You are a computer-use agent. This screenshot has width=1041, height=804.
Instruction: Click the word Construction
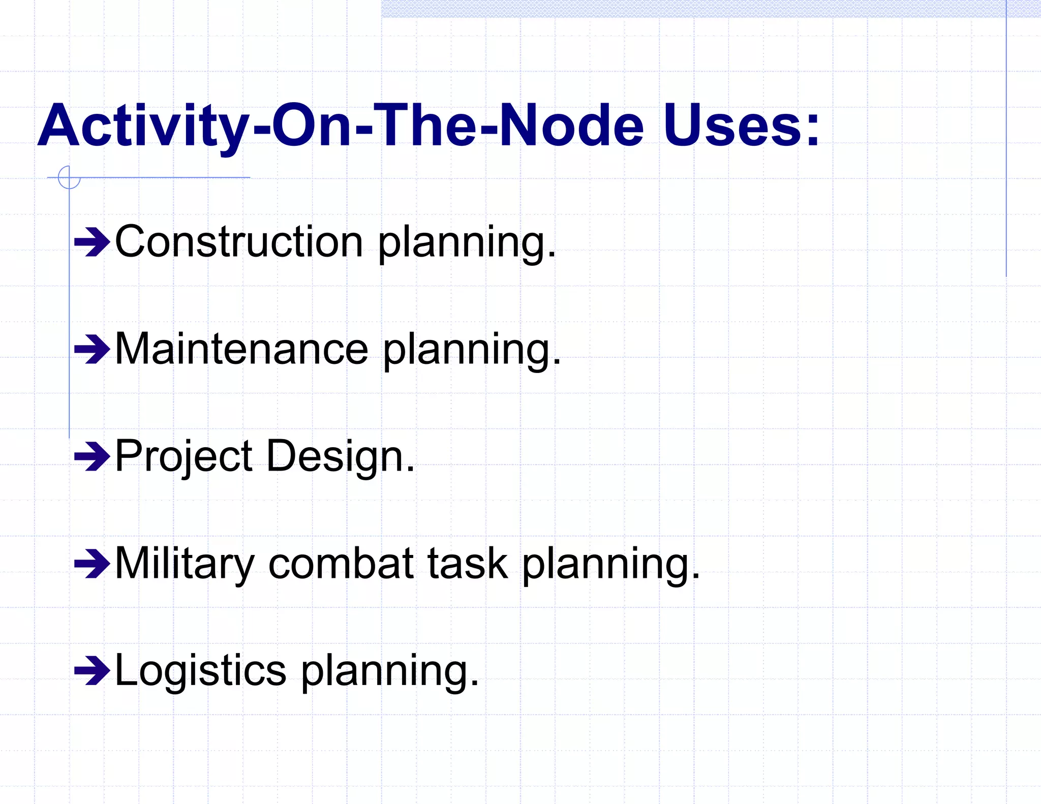pyautogui.click(x=239, y=242)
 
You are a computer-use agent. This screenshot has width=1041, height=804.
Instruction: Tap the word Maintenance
pyautogui.click(x=241, y=349)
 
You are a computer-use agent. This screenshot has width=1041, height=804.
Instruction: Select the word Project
pyautogui.click(x=183, y=456)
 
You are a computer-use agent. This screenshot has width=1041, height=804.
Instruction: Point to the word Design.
pyautogui.click(x=340, y=456)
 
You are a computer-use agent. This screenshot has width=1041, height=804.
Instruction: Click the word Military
pyautogui.click(x=185, y=564)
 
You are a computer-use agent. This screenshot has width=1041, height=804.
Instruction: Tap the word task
pyautogui.click(x=467, y=564)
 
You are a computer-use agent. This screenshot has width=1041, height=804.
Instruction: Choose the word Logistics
pyautogui.click(x=201, y=671)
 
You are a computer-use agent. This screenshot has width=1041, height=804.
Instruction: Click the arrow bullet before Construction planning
pyautogui.click(x=91, y=243)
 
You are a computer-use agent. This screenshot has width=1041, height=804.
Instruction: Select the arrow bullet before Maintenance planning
pyautogui.click(x=91, y=350)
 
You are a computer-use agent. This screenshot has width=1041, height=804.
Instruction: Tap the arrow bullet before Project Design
pyautogui.click(x=91, y=457)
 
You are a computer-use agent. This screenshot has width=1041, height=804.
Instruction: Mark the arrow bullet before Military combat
pyautogui.click(x=91, y=564)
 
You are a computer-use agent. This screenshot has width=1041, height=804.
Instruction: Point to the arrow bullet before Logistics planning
pyautogui.click(x=91, y=671)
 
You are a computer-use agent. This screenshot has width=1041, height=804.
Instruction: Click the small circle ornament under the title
pyautogui.click(x=69, y=177)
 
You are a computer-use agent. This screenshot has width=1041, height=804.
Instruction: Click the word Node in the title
pyautogui.click(x=572, y=125)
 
